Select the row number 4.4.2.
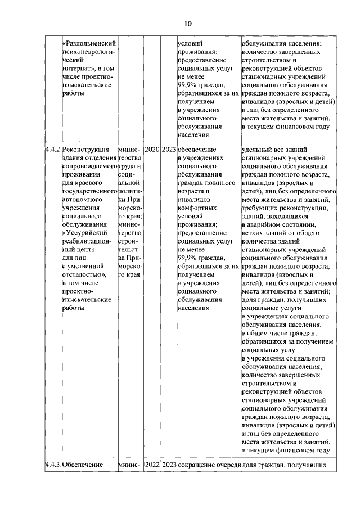(53, 151)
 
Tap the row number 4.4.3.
(53, 465)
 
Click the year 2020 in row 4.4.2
(152, 151)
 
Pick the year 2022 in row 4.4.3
(152, 465)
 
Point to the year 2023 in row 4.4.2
(168, 151)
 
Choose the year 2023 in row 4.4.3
(168, 465)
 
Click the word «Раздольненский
(89, 43)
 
